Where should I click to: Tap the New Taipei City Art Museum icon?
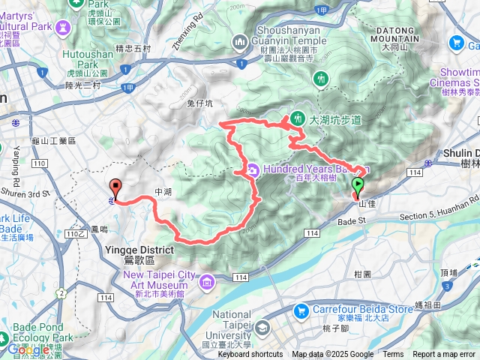(205, 281)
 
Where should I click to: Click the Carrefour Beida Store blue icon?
(301, 309)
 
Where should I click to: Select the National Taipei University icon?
(262, 327)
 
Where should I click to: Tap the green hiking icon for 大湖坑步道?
(298, 119)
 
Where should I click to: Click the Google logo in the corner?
(28, 349)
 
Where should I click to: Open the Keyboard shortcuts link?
(250, 355)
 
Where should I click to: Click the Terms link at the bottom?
(393, 355)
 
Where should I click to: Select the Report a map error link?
(444, 355)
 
